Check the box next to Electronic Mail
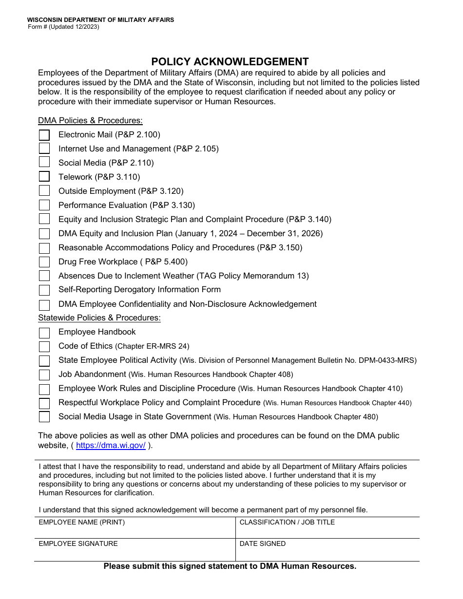click(44, 135)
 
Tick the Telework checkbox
click(44, 177)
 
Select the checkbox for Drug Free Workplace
click(44, 262)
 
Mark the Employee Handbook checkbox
click(44, 333)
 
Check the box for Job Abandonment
click(44, 375)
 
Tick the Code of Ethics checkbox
click(44, 347)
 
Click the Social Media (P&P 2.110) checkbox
click(44, 163)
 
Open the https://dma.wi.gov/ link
click(111, 445)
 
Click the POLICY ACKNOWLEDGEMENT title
click(230, 62)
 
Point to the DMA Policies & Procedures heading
click(90, 120)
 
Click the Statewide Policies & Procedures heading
click(99, 318)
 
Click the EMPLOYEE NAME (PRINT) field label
click(81, 523)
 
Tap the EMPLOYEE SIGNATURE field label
click(78, 544)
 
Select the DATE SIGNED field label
click(263, 544)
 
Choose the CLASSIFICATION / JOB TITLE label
click(287, 523)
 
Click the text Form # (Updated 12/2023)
click(63, 27)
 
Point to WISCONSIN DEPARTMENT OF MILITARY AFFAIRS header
click(100, 20)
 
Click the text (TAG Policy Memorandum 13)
click(252, 276)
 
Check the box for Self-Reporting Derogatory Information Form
click(44, 290)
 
